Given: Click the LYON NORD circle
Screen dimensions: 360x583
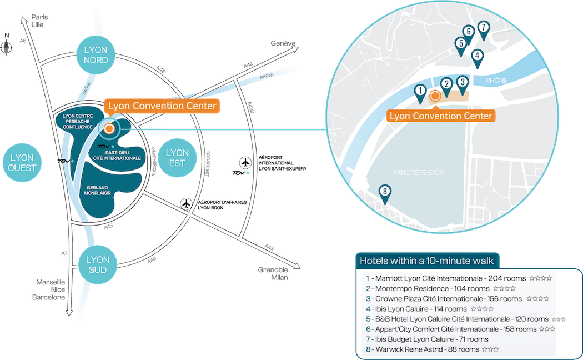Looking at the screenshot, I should [96, 54].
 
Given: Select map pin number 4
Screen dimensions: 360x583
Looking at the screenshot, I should [476, 57].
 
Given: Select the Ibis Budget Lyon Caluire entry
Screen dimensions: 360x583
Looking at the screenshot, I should [427, 339].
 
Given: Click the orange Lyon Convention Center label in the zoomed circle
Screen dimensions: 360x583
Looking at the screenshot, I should [440, 116].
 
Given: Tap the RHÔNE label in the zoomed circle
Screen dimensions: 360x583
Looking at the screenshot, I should [496, 81].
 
